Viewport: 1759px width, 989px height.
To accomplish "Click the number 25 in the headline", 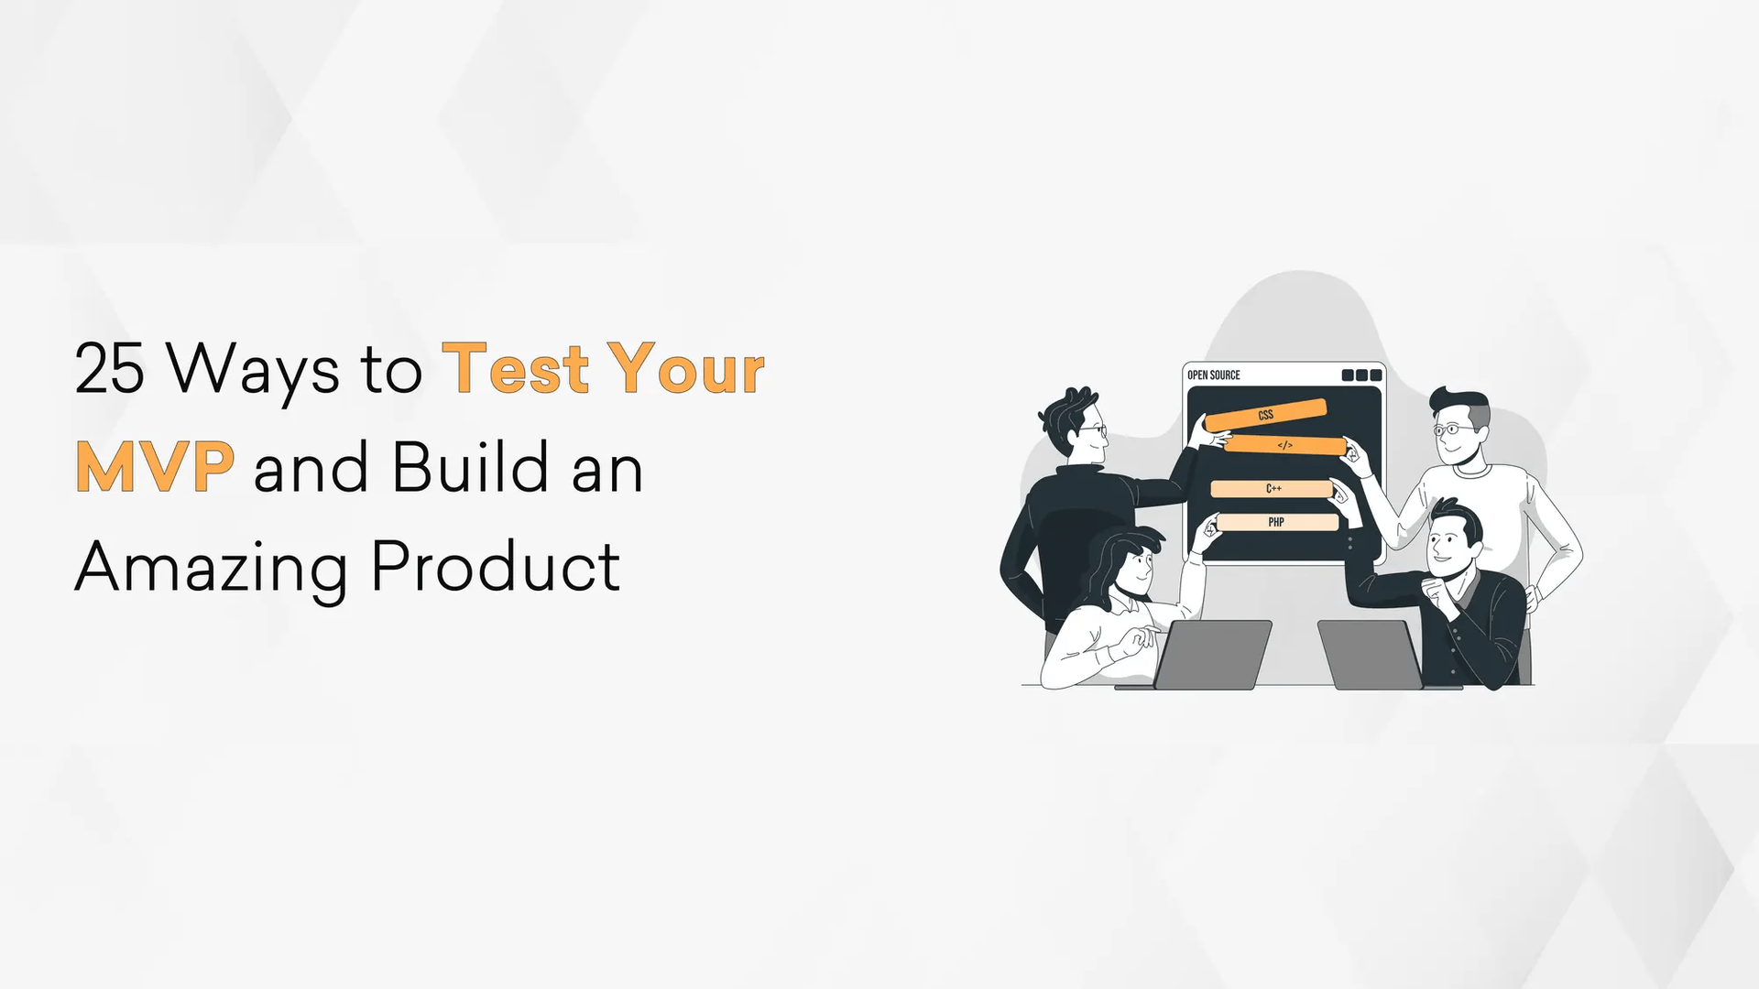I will pos(109,369).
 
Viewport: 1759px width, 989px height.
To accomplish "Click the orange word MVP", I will pos(154,468).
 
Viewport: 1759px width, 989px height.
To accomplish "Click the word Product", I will pos(496,566).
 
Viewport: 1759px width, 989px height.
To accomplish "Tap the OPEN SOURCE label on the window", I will pos(1213,375).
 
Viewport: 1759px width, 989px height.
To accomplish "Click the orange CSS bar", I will pos(1265,416).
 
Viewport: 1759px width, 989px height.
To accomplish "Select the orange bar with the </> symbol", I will pos(1284,446).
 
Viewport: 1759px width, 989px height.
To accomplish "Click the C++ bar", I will pos(1273,489).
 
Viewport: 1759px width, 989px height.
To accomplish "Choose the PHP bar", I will pos(1276,523).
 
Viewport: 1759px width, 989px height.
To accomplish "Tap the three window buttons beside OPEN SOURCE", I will pos(1361,375).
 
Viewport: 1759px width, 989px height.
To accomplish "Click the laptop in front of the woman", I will pos(1212,654).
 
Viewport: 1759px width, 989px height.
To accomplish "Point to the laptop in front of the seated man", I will pos(1370,654).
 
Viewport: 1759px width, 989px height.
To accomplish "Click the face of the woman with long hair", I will pos(1136,571).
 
